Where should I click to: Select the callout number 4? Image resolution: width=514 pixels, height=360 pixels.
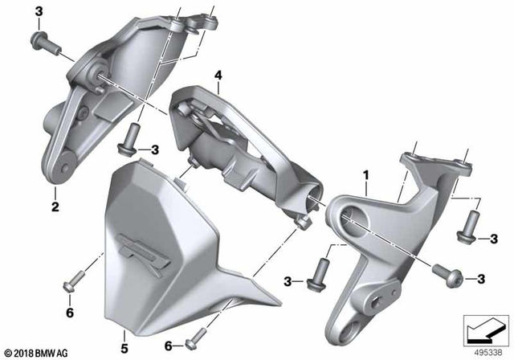[x=217, y=75]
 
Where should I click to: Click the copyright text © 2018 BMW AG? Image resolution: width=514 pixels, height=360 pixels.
[x=38, y=351]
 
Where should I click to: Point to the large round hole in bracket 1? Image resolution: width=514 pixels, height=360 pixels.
[x=352, y=215]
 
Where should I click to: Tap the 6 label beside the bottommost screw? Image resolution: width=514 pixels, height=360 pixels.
[x=169, y=346]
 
